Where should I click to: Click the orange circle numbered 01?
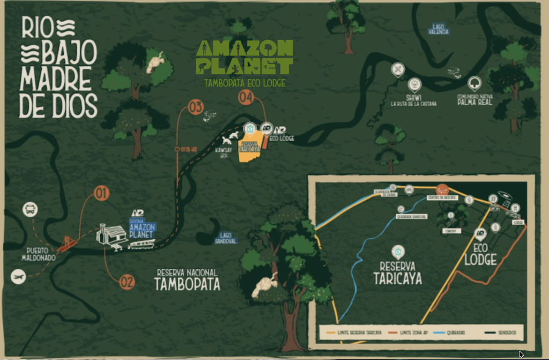(102, 193)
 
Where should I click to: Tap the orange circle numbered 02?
(127, 282)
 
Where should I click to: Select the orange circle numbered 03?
(196, 107)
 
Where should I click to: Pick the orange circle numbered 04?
(246, 98)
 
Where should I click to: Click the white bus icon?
(31, 209)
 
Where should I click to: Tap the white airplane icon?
(18, 276)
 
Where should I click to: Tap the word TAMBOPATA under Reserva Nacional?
(187, 284)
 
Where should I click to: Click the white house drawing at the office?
(112, 234)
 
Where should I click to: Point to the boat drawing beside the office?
(141, 244)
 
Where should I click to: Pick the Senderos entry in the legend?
(506, 333)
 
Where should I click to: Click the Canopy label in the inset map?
(450, 230)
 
